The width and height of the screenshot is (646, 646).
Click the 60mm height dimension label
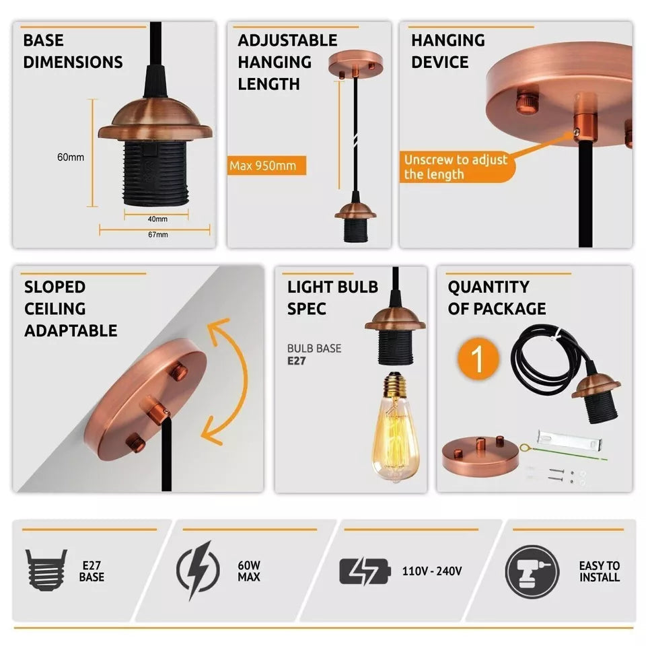coord(71,157)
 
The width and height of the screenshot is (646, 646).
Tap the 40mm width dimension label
coord(157,219)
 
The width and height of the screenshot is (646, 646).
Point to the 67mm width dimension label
coord(157,235)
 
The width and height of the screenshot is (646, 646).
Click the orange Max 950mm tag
coord(266,165)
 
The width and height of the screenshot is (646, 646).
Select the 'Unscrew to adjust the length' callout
coord(455,167)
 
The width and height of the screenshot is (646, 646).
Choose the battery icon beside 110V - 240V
coord(364,571)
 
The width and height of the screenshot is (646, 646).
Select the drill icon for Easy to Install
coord(532,571)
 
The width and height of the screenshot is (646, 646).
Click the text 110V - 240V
coord(431,571)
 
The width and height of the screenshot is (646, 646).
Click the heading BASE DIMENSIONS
coord(73,51)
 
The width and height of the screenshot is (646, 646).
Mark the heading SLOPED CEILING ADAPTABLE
coord(71,309)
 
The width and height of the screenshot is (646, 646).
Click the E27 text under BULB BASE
coord(297,360)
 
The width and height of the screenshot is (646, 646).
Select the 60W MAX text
coord(248,571)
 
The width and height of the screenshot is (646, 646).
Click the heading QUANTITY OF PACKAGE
coord(497,298)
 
